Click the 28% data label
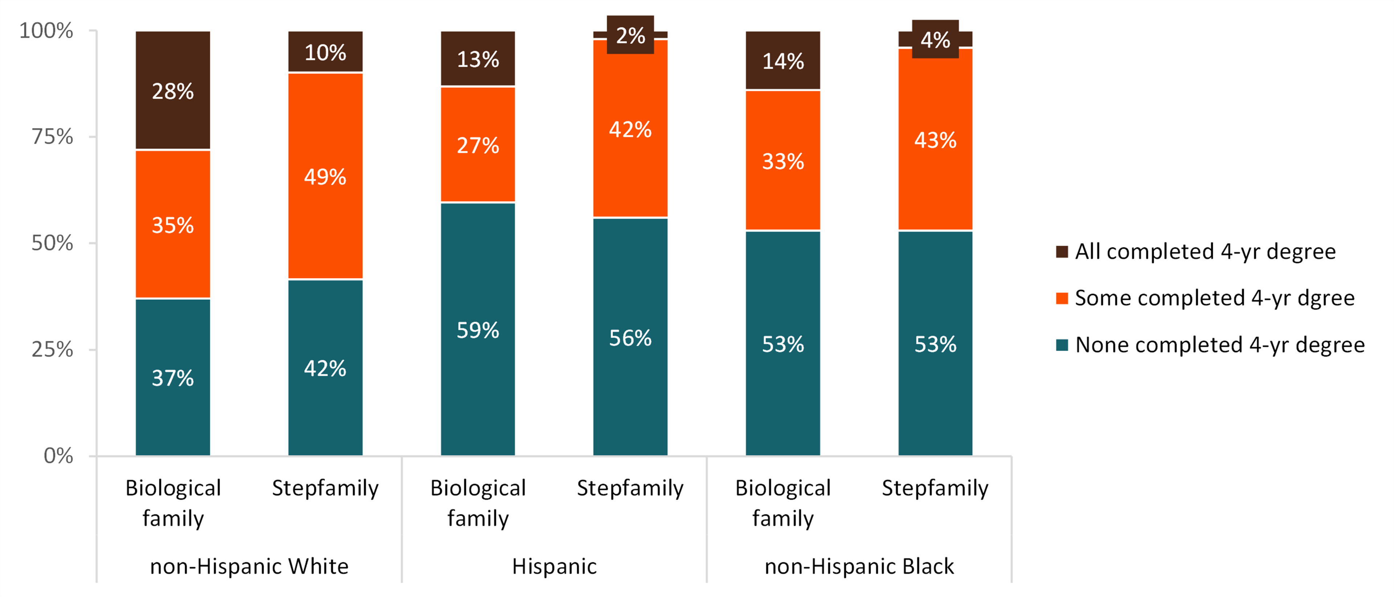pyautogui.click(x=173, y=91)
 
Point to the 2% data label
pyautogui.click(x=631, y=36)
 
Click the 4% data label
pyautogui.click(x=935, y=40)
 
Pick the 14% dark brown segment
pyautogui.click(x=783, y=61)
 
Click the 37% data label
pyautogui.click(x=173, y=378)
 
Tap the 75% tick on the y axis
pyautogui.click(x=53, y=137)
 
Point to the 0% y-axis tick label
pyautogui.click(x=58, y=456)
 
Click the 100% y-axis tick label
pyautogui.click(x=46, y=31)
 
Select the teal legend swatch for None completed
pyautogui.click(x=1062, y=345)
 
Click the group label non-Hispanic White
pyautogui.click(x=249, y=566)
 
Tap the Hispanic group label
pyautogui.click(x=554, y=566)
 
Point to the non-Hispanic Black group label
pyautogui.click(x=859, y=566)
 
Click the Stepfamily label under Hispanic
pyautogui.click(x=631, y=488)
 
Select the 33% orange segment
pyautogui.click(x=783, y=161)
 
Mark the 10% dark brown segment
pyautogui.click(x=325, y=52)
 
